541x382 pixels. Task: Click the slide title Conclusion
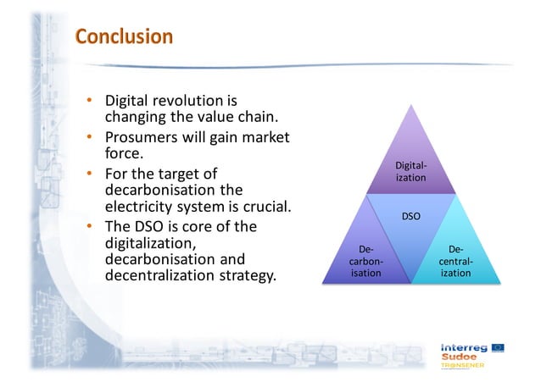pyautogui.click(x=123, y=36)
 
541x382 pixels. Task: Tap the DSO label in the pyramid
pyautogui.click(x=410, y=217)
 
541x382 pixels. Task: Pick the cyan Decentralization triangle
pyautogui.click(x=455, y=258)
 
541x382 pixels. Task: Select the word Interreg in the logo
pyautogui.click(x=464, y=347)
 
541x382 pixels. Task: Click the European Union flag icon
pyautogui.click(x=499, y=347)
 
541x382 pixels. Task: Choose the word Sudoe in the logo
pyautogui.click(x=459, y=358)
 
